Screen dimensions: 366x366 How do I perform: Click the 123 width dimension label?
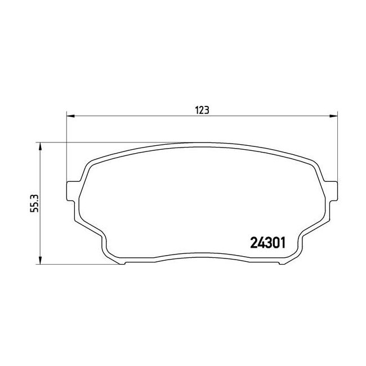[x=202, y=110]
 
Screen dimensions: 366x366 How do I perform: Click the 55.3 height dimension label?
[x=35, y=203]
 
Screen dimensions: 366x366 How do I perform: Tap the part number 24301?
[x=267, y=243]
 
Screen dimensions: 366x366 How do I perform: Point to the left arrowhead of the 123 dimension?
[x=70, y=116]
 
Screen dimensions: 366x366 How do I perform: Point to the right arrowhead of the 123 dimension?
[x=333, y=116]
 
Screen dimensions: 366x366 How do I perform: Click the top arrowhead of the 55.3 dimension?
[x=41, y=146]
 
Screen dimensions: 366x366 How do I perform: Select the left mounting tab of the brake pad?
[x=73, y=191]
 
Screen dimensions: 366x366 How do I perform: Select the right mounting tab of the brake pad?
[x=331, y=191]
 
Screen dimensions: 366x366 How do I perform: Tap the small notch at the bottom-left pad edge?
[x=122, y=263]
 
